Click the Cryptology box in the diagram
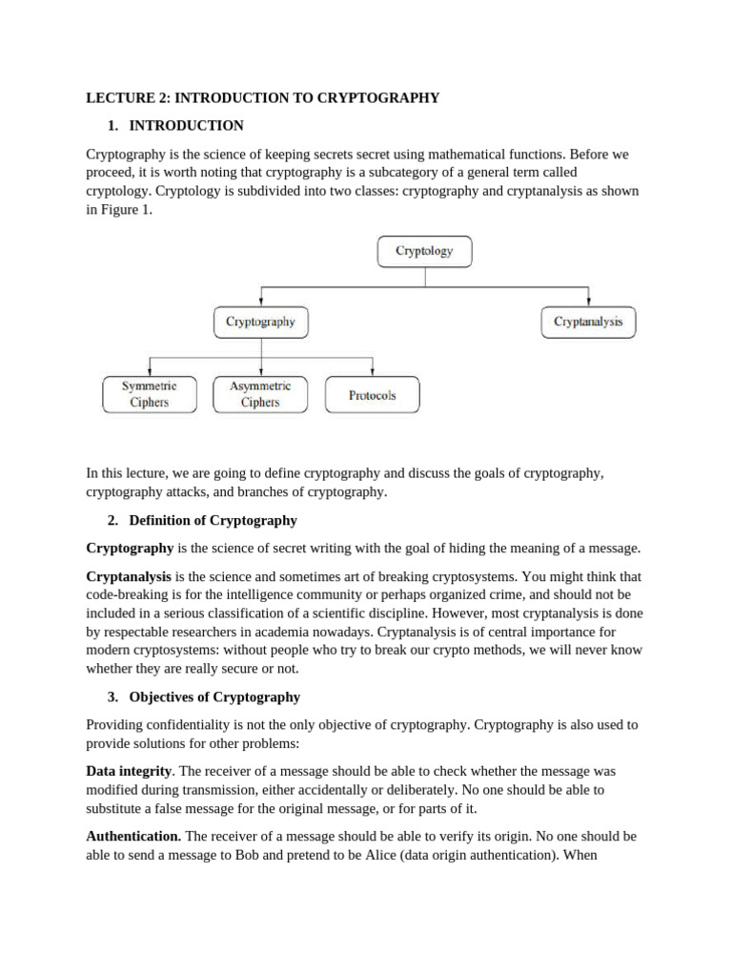[423, 252]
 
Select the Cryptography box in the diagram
[260, 322]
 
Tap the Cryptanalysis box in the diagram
[588, 322]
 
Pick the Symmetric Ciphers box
[150, 394]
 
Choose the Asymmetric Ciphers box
[260, 394]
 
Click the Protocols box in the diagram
[372, 394]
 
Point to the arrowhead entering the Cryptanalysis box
[588, 301]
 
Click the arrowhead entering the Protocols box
[372, 373]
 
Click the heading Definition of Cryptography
[213, 521]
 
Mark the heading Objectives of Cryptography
[214, 696]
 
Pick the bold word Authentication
[133, 836]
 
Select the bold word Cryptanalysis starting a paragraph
[129, 576]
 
